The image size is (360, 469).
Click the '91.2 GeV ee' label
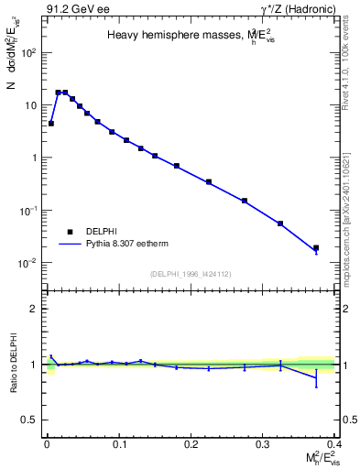pyautogui.click(x=71, y=10)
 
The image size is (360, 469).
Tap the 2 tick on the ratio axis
pyautogui.click(x=33, y=309)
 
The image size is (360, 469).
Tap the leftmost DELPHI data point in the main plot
pyautogui.click(x=51, y=123)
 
